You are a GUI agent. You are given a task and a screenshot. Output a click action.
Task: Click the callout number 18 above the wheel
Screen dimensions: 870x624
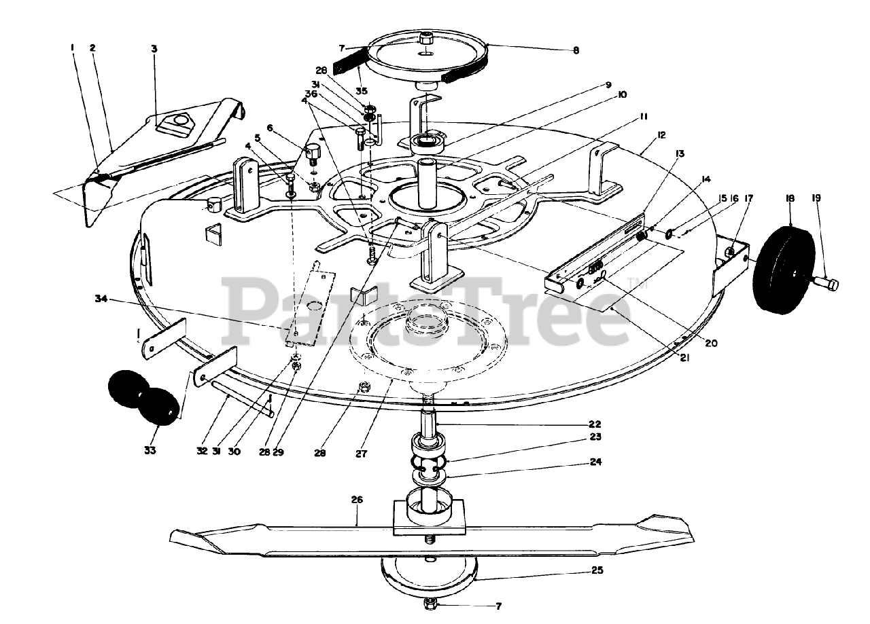pos(790,198)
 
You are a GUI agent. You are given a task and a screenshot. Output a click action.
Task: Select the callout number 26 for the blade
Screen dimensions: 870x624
pos(357,499)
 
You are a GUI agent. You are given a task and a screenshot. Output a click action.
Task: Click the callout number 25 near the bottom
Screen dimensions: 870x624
pos(597,571)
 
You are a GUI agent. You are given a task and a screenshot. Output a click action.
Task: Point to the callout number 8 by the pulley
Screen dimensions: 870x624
pos(576,50)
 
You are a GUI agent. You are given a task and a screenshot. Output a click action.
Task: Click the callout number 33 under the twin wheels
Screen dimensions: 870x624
pos(150,449)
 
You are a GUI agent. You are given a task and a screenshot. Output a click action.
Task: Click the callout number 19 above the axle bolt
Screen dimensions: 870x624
pos(816,198)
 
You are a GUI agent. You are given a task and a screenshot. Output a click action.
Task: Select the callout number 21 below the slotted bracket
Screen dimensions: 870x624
pos(684,358)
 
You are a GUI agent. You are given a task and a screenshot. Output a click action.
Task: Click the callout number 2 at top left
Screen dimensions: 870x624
pos(92,48)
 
